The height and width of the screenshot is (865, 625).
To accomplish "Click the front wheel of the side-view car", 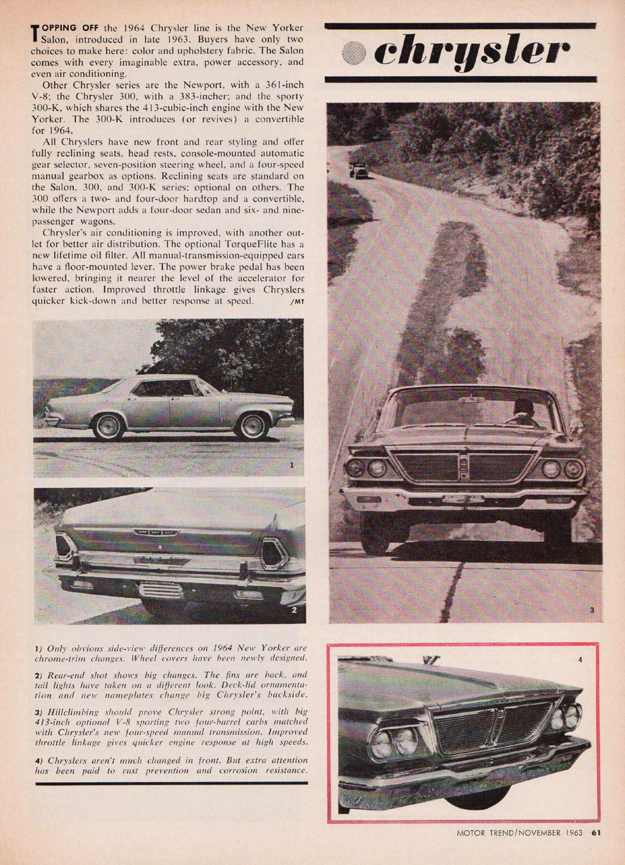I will pos(252,425).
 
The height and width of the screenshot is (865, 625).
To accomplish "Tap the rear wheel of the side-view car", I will pos(108,426).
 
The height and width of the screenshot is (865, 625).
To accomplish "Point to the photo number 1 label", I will pos(292,465).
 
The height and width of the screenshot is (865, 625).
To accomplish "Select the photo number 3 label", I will pos(591,610).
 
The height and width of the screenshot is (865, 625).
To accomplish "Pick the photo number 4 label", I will pos(580,659).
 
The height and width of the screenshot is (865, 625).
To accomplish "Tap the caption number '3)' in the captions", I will pos(38,712).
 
